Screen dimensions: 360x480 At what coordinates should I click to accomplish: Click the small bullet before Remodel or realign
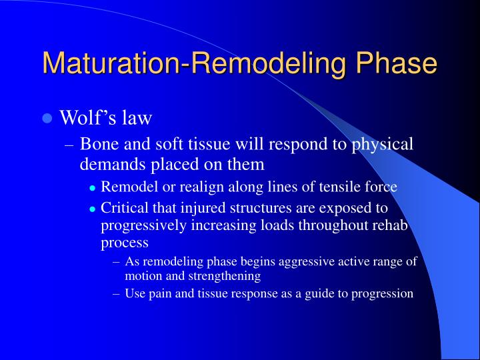(93, 188)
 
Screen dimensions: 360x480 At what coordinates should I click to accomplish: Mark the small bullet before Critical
(93, 209)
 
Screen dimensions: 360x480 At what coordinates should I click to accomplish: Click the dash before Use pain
(117, 293)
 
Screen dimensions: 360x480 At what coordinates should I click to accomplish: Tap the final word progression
(381, 293)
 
